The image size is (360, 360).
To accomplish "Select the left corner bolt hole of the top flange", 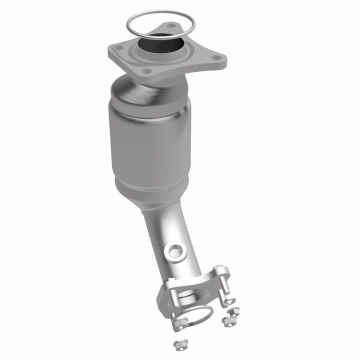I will pyautogui.click(x=119, y=49).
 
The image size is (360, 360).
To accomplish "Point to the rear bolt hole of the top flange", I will pyautogui.click(x=171, y=25).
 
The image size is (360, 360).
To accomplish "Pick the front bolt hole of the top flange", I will pyautogui.click(x=145, y=71).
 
